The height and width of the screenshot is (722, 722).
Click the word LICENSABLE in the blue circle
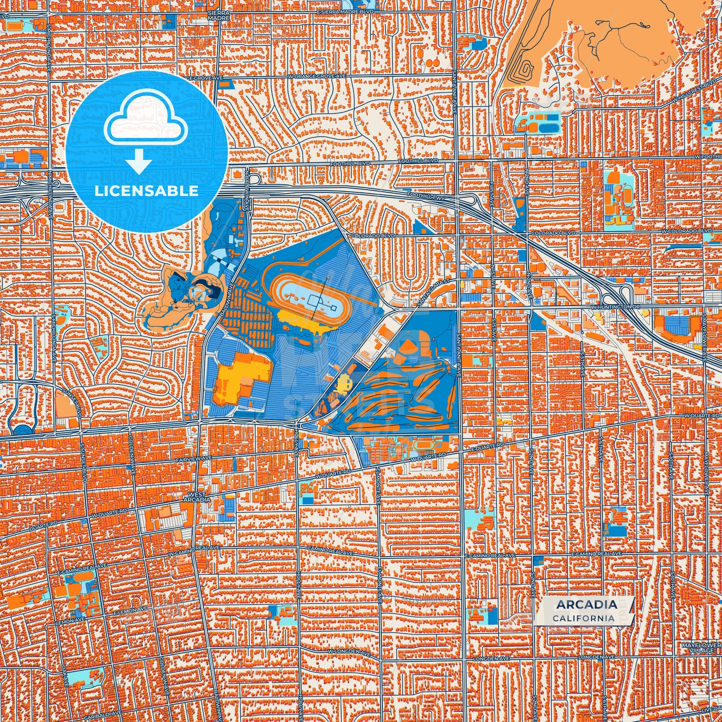146,191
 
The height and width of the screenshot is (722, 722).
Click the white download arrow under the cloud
139,162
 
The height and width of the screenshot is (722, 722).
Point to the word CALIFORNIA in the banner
584,618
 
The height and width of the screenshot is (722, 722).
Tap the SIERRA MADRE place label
219,15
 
